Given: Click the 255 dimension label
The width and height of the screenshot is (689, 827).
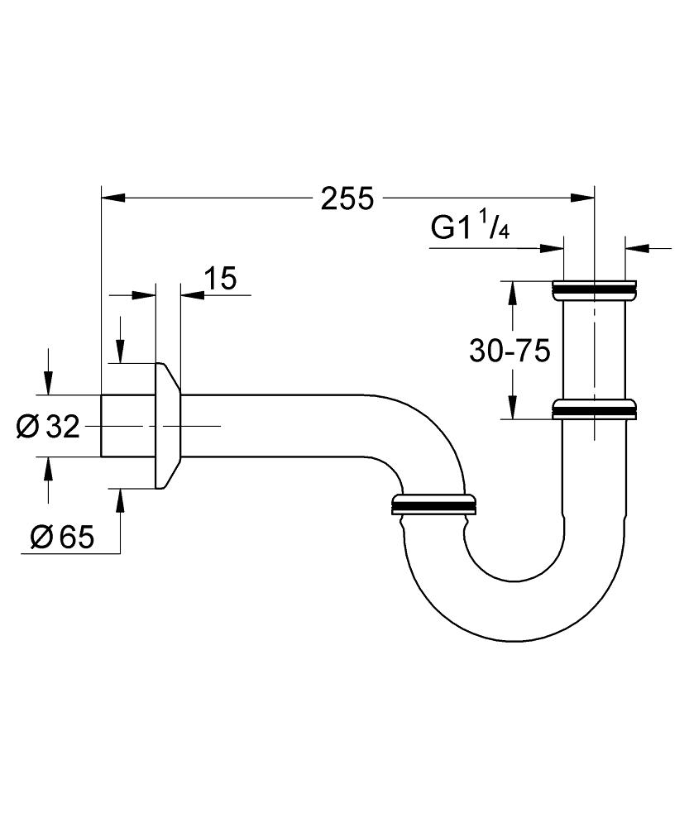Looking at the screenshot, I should click(x=347, y=198).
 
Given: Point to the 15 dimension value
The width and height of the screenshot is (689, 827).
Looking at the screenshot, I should click(x=219, y=279).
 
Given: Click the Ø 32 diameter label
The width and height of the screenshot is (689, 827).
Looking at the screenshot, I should click(x=47, y=427).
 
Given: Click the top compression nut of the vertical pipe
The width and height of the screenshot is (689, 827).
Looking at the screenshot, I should click(x=594, y=289).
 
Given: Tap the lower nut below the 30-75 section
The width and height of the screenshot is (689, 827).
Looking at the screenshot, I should click(x=594, y=409).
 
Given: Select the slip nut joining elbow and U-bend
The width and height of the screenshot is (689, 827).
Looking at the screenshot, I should click(x=433, y=503).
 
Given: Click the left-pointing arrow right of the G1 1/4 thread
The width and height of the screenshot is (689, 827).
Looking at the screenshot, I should click(x=637, y=246).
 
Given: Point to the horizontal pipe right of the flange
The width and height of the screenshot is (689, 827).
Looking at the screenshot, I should click(x=273, y=426).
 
